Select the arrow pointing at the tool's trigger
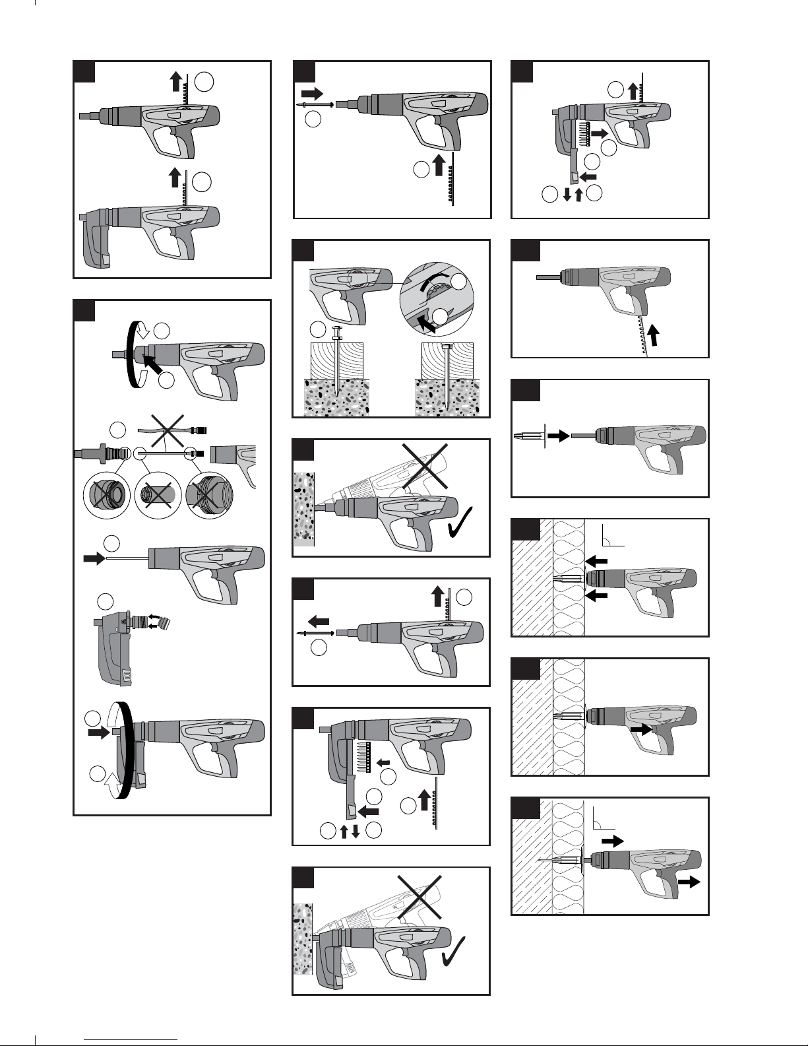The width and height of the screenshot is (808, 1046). point(640,729)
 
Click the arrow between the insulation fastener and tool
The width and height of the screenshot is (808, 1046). point(558,436)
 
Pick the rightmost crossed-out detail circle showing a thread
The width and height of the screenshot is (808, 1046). point(208,493)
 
